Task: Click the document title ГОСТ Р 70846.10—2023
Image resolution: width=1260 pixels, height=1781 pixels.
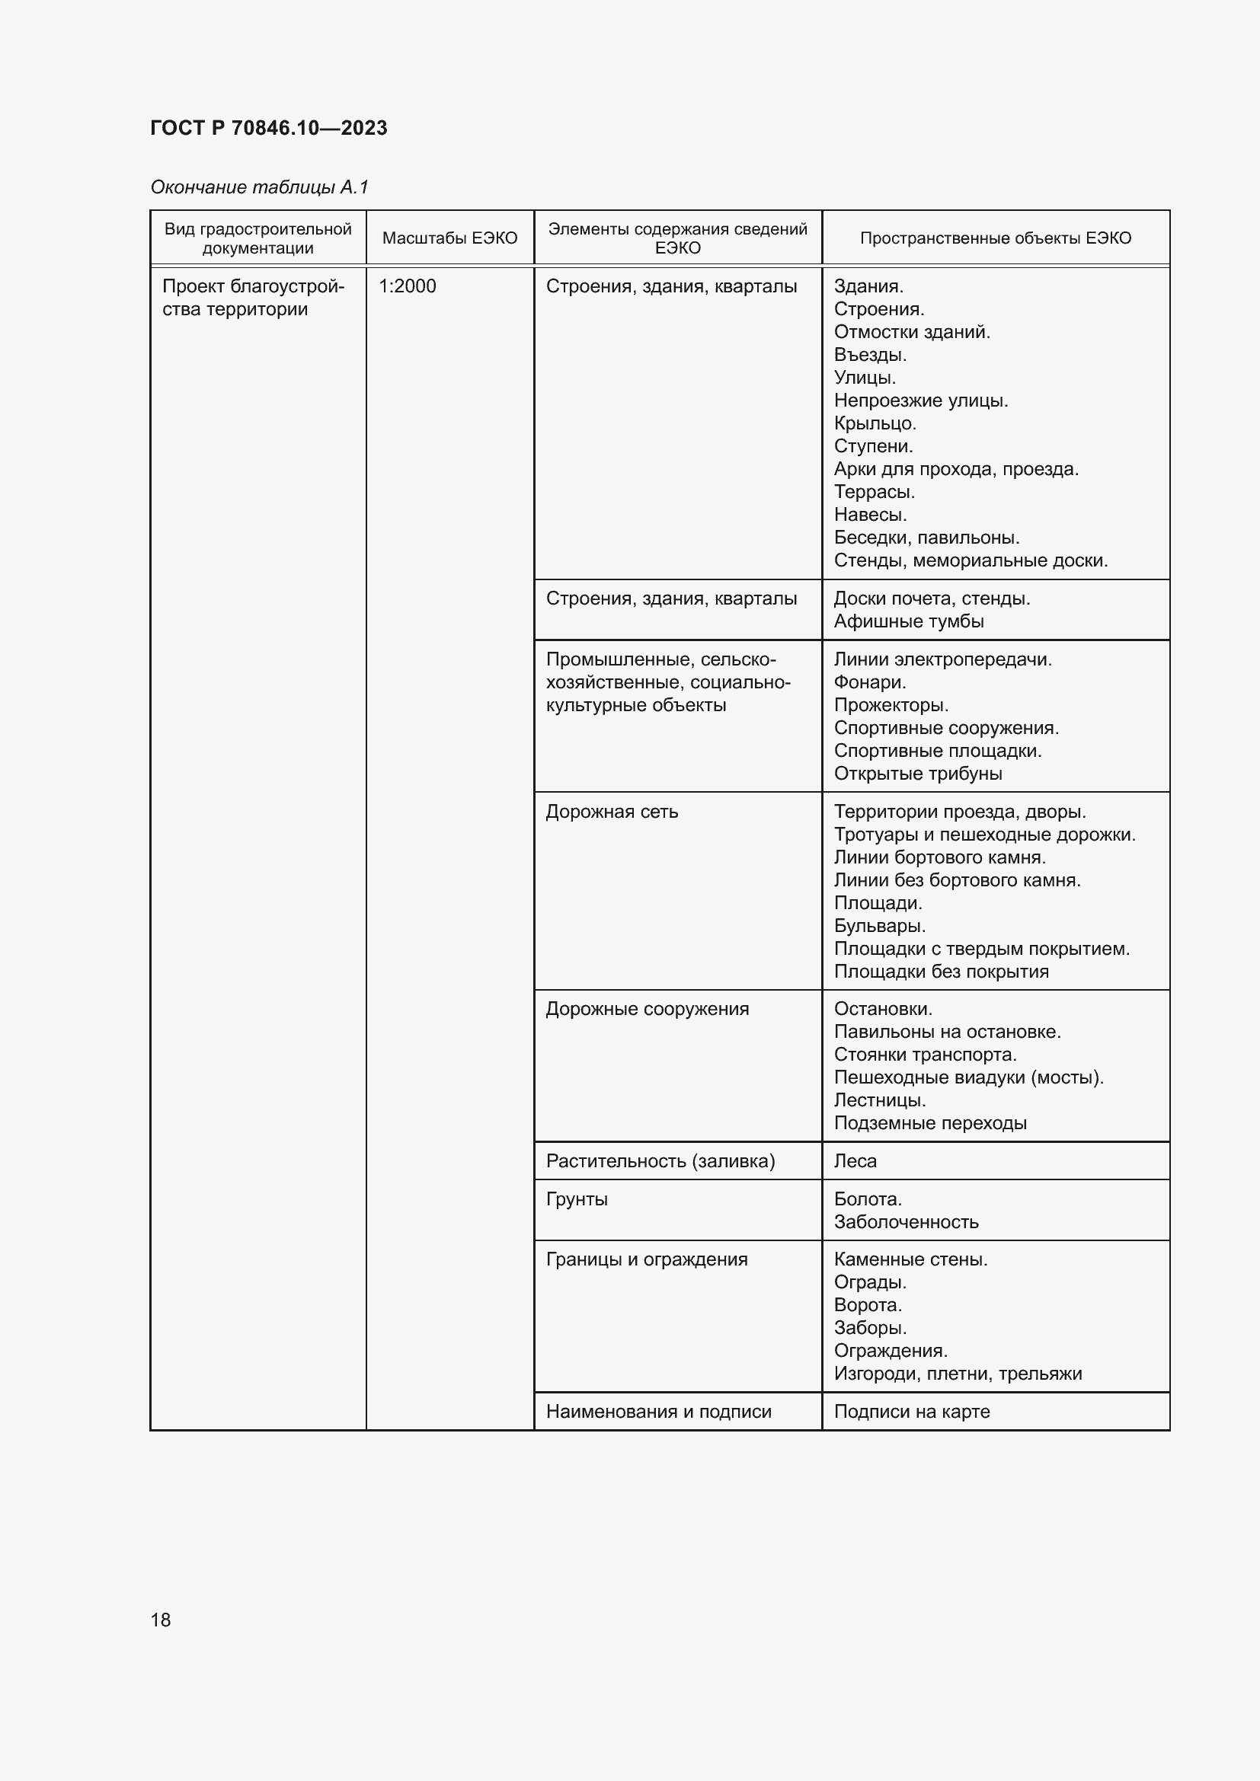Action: pyautogui.click(x=268, y=128)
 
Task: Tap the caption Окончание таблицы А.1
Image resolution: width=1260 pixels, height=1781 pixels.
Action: pyautogui.click(x=259, y=187)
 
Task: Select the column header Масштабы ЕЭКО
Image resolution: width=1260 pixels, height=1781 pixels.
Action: pyautogui.click(x=449, y=238)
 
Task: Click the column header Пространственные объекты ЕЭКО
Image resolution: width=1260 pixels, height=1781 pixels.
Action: pyautogui.click(x=995, y=238)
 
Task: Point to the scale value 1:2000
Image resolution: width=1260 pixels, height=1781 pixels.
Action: pyautogui.click(x=408, y=286)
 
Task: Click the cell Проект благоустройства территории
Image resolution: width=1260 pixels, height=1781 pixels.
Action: pyautogui.click(x=253, y=298)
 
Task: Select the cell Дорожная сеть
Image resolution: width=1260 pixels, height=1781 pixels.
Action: pyautogui.click(x=612, y=812)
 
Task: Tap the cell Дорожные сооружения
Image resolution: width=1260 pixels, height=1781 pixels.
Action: pyautogui.click(x=647, y=1009)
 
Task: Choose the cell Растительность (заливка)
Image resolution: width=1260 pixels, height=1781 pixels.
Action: pyautogui.click(x=660, y=1161)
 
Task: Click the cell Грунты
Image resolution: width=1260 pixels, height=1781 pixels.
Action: pyautogui.click(x=577, y=1199)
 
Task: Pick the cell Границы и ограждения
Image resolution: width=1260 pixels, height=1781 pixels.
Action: pyautogui.click(x=646, y=1259)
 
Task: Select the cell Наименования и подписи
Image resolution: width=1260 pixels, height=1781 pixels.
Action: pyautogui.click(x=659, y=1412)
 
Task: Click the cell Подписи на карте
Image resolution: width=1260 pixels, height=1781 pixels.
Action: pyautogui.click(x=912, y=1412)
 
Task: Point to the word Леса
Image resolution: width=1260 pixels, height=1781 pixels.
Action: pyautogui.click(x=855, y=1161)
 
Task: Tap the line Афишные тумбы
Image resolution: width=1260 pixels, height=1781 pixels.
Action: pyautogui.click(x=909, y=621)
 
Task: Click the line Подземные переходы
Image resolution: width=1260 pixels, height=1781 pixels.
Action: pyautogui.click(x=930, y=1123)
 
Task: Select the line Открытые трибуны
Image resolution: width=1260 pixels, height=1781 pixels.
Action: pyautogui.click(x=918, y=774)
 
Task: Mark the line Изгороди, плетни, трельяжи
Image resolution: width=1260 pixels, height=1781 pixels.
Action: pyautogui.click(x=958, y=1374)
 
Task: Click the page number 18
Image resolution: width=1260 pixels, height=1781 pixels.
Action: pyautogui.click(x=161, y=1620)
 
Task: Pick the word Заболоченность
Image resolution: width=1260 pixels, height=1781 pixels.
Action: pyautogui.click(x=907, y=1223)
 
